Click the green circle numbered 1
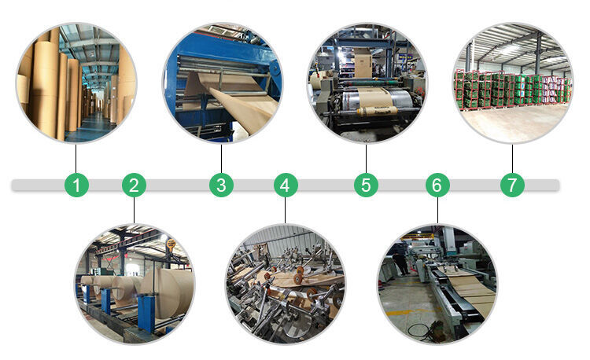(x=76, y=186)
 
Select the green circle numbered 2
(x=134, y=186)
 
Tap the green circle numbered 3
(x=221, y=186)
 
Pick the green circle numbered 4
(x=286, y=186)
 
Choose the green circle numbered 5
(x=366, y=186)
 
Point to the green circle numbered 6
(x=437, y=186)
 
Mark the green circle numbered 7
(x=512, y=186)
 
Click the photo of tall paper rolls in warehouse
(x=76, y=83)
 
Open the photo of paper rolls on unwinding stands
(x=134, y=283)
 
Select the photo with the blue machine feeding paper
(x=221, y=83)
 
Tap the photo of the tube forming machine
(x=286, y=283)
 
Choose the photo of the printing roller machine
(x=366, y=83)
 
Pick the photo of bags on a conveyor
(x=437, y=283)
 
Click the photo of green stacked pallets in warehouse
(x=512, y=83)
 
